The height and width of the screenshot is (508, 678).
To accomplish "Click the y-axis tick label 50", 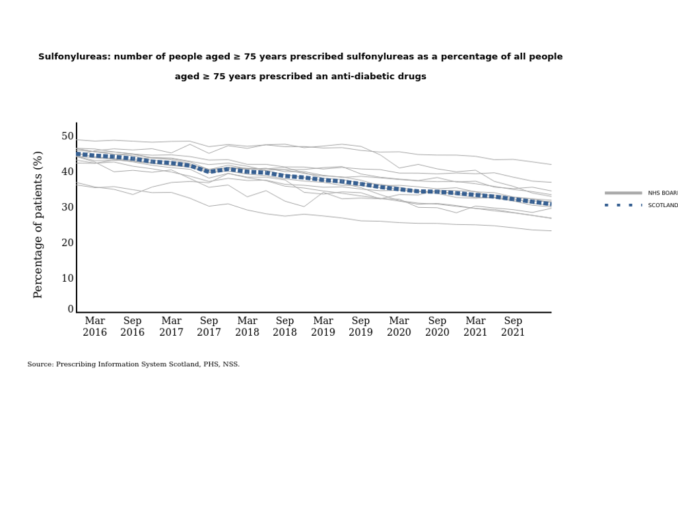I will point(67,137).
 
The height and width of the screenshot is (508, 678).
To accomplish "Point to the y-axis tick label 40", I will point(67,172).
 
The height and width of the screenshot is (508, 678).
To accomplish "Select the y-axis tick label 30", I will point(67,208).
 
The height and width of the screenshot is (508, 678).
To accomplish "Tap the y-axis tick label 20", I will point(67,243).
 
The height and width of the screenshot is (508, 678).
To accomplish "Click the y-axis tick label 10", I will point(67,278).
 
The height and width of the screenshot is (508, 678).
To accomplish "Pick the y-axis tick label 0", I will point(71,309).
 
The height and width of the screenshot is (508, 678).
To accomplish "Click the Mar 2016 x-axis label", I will point(94,327).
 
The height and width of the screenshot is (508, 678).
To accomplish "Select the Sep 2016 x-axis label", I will point(132,327).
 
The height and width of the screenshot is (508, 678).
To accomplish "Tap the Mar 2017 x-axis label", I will point(171,327).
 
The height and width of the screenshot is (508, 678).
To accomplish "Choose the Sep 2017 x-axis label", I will point(209,327).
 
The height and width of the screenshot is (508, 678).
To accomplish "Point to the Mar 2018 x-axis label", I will point(247,327).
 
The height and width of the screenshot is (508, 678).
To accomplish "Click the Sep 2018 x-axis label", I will point(285,327).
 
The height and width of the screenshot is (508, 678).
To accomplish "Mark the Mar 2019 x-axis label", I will point(323,327).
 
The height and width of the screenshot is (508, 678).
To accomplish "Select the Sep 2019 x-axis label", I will point(360,327).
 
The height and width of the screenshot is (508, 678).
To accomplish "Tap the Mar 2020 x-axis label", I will point(399,327).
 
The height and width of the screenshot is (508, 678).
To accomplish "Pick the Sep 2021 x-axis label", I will point(513,327).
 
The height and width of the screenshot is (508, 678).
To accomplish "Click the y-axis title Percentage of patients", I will point(38,224).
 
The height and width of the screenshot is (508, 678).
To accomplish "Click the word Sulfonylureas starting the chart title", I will point(73,57).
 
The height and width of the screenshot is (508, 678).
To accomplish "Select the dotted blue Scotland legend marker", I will point(623,205).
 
